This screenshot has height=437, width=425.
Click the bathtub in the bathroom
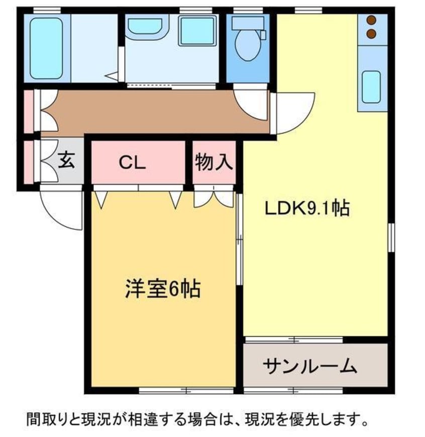(46, 48)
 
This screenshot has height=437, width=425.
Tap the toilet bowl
(248, 45)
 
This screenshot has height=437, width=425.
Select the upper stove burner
(371, 20)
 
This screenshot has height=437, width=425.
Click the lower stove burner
(371, 34)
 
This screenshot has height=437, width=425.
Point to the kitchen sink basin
(371, 87)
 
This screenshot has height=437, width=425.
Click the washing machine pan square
(197, 31)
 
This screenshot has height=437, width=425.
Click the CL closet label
(132, 163)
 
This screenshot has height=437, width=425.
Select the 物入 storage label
(214, 162)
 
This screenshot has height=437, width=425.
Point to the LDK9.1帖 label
(307, 208)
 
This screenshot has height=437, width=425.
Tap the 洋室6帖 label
(163, 289)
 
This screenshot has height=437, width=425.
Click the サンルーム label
(310, 366)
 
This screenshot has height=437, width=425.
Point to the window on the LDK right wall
(391, 237)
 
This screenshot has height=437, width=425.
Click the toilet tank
(248, 22)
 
